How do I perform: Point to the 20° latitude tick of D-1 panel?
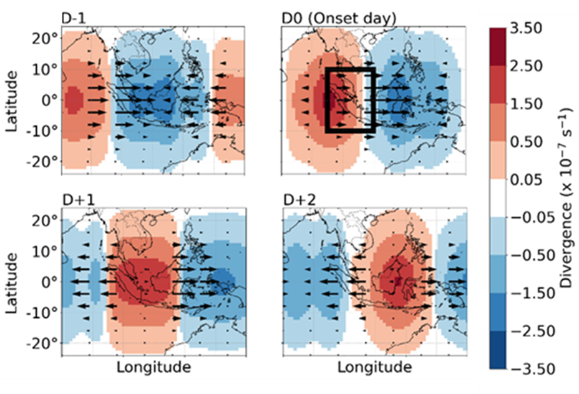point(46,38)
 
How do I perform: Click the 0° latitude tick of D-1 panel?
point(49,99)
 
